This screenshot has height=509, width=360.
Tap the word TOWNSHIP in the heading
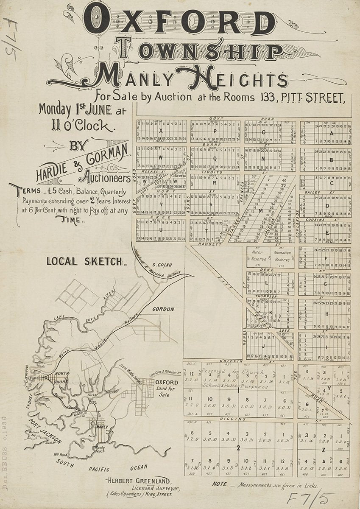[x=199, y=51]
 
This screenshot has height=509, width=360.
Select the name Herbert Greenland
[x=139, y=481]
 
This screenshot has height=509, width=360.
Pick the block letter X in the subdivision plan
[x=161, y=131]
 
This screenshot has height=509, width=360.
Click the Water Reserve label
[x=258, y=255]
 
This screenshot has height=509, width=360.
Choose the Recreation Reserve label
[x=282, y=255]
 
